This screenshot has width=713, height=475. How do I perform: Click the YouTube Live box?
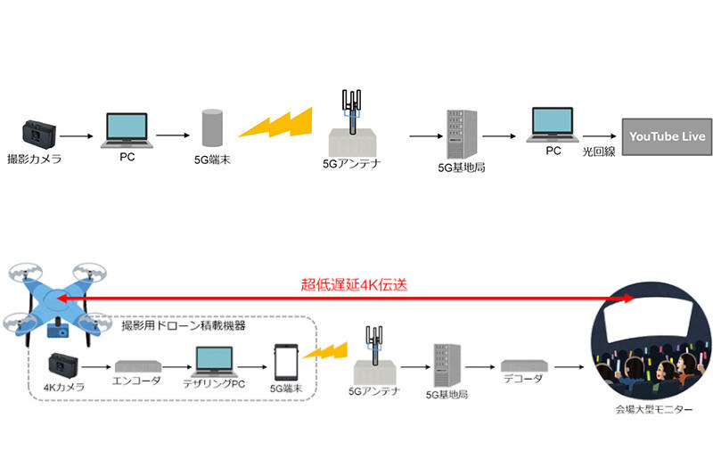pyautogui.click(x=667, y=136)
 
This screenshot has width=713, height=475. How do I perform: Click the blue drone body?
pyautogui.click(x=56, y=298)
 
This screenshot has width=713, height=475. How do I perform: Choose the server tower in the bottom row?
pyautogui.click(x=445, y=363)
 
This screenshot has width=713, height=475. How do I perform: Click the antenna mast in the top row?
pyautogui.click(x=355, y=111)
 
